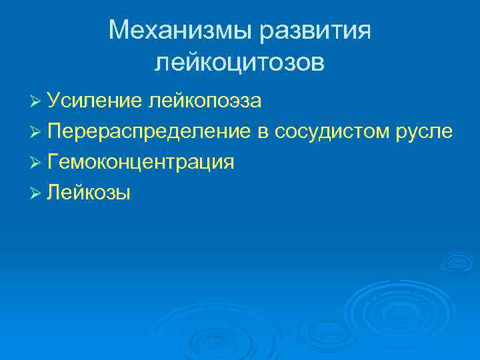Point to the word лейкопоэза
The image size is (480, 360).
205,101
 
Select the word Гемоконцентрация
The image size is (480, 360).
140,162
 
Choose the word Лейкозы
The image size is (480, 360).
89,193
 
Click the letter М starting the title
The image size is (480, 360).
119,30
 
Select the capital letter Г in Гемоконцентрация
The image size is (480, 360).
53,162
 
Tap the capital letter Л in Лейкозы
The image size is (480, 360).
53,193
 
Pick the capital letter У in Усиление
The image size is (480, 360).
54,101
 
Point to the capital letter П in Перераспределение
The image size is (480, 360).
55,131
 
